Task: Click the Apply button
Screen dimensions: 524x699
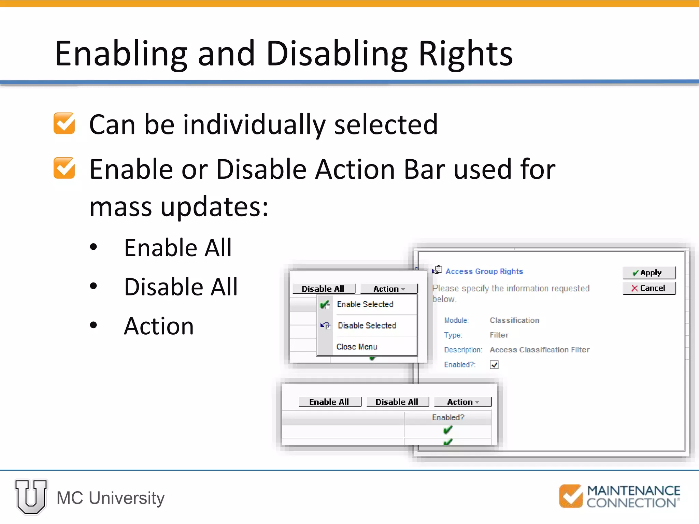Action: point(649,273)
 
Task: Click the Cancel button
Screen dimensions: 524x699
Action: point(649,288)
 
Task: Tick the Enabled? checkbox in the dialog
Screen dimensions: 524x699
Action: point(494,365)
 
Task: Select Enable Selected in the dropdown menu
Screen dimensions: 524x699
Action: point(365,304)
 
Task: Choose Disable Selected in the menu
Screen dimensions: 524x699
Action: point(367,325)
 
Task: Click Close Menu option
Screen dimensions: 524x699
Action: point(357,347)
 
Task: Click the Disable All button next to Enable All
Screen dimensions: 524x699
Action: point(397,402)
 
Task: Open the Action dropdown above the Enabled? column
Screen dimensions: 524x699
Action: point(462,402)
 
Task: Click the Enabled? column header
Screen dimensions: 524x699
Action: point(448,418)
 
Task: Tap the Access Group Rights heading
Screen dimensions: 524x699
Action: point(484,271)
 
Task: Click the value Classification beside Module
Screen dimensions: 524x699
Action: point(514,320)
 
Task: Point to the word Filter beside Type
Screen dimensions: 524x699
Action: point(499,335)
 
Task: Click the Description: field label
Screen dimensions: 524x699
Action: point(463,350)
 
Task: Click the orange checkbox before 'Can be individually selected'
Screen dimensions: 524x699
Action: point(64,123)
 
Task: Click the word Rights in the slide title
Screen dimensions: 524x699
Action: point(465,54)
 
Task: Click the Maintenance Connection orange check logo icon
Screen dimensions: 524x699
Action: point(571,496)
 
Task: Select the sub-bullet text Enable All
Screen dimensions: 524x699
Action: point(178,248)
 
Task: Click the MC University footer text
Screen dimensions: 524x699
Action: point(111,498)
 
